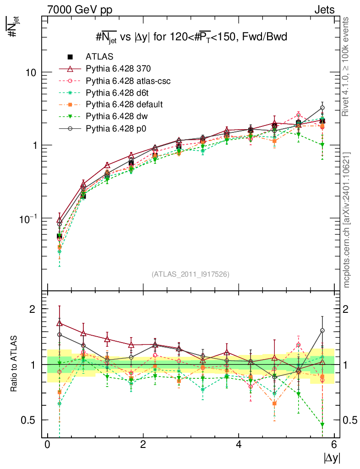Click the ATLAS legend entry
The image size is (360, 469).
[99, 57]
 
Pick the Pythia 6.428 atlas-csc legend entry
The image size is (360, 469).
[128, 81]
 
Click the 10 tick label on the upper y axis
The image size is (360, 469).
[32, 72]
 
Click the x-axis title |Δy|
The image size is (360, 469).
[331, 458]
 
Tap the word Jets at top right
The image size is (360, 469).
[324, 9]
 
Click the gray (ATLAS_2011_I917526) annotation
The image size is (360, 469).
[191, 274]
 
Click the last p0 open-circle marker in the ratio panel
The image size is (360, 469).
[322, 330]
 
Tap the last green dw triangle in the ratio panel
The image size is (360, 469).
[322, 425]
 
